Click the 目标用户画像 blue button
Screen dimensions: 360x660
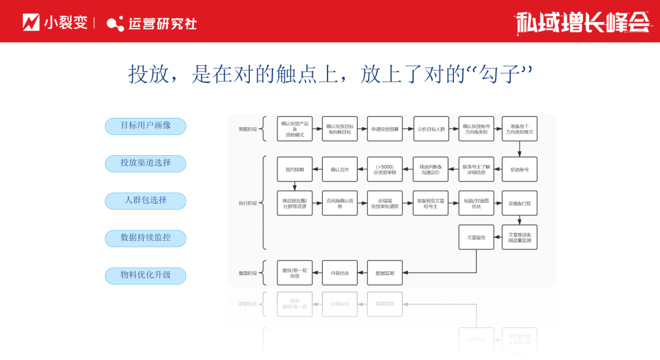[x=145, y=126]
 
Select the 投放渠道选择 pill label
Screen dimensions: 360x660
[x=145, y=163]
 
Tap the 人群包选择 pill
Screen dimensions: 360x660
[x=145, y=200]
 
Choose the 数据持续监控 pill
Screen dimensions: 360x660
[x=145, y=238]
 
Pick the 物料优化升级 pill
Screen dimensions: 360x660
[x=145, y=275]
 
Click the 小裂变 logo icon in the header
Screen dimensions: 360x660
[x=31, y=23]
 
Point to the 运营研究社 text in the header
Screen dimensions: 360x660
[x=162, y=23]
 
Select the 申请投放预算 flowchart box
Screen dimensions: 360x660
[x=385, y=129]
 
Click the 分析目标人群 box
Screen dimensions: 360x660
[x=431, y=129]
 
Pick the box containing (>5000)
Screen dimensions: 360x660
[x=385, y=169]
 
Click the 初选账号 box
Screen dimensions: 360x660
[x=519, y=169]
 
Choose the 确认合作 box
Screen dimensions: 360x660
[x=340, y=169]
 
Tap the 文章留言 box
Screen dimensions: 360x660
[x=476, y=237]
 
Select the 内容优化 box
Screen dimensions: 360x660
[x=340, y=273]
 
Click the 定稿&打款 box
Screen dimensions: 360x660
[x=519, y=203]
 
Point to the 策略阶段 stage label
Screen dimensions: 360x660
[x=248, y=129]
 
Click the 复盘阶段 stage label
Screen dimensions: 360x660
[x=248, y=273]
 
